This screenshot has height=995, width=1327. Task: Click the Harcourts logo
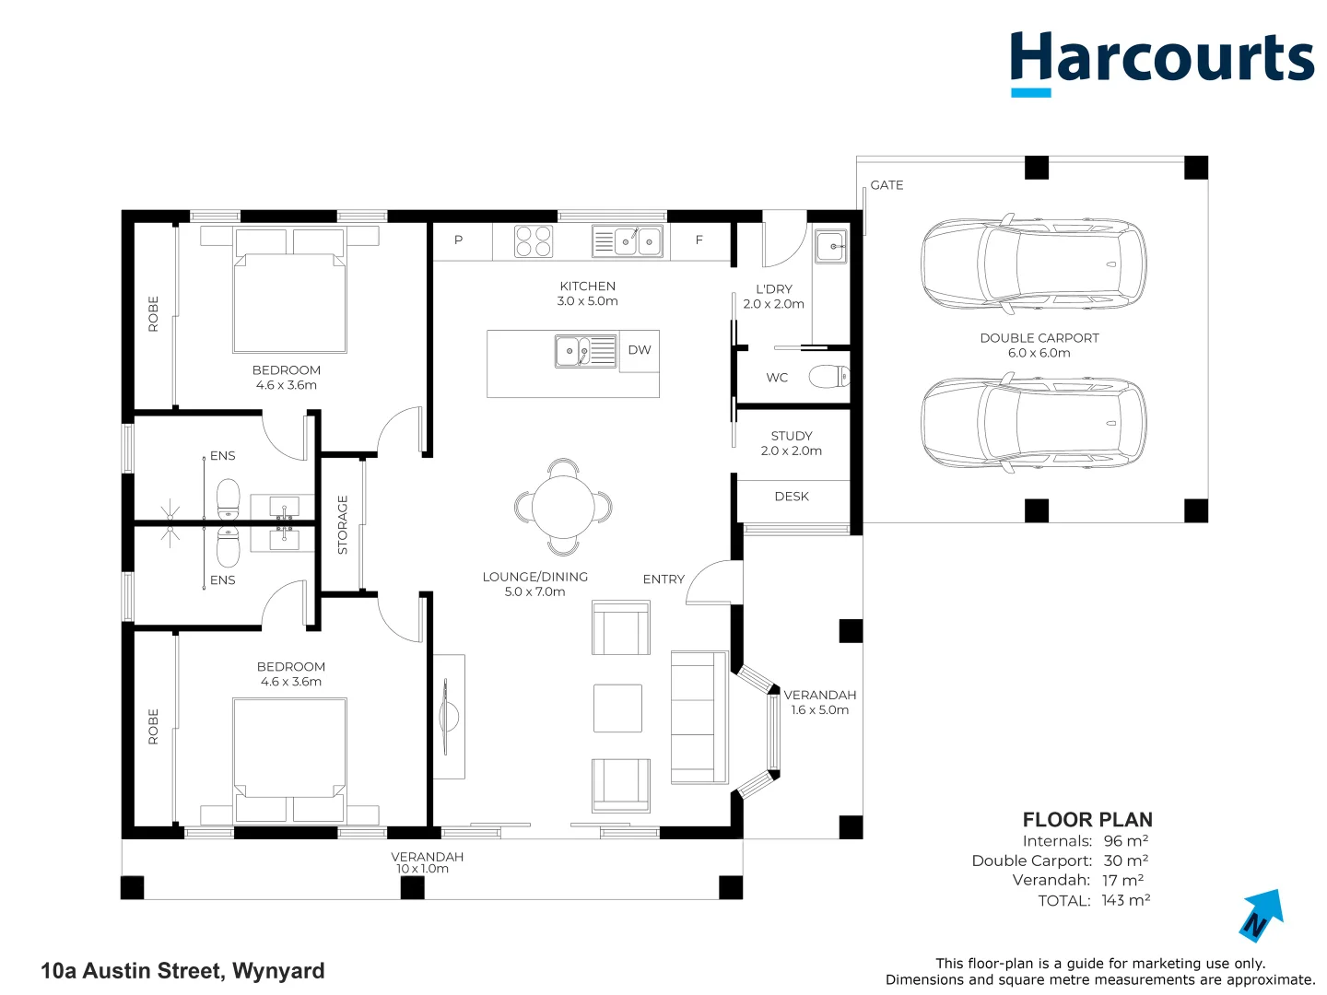1161,61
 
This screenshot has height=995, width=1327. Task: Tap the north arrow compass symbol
1261,915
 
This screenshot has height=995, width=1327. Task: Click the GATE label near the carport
887,185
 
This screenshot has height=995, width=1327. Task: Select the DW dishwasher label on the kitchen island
640,350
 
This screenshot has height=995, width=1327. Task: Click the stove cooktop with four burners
534,241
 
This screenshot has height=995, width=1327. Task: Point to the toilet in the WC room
828,377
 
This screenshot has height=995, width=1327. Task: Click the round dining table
563,507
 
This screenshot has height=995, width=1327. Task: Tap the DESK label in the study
792,497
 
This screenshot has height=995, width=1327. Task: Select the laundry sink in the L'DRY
830,246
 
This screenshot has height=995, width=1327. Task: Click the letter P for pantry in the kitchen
459,240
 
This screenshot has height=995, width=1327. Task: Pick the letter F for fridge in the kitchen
699,240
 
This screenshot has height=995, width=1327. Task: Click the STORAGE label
343,524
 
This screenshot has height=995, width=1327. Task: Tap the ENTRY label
663,579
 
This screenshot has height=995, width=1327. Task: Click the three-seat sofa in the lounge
699,717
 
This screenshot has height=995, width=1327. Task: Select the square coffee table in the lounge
617,708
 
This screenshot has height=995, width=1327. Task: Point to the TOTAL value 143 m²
1125,900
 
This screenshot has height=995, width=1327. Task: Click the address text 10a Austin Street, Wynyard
182,971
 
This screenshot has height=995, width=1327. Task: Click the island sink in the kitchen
577,351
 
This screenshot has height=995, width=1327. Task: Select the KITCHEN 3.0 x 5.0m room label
587,294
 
